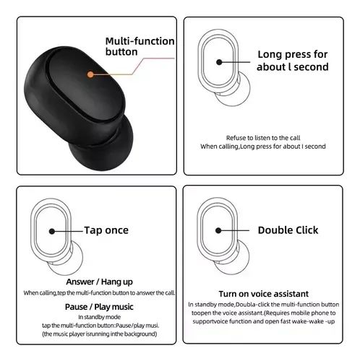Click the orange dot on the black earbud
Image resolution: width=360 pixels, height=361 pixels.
(90, 74)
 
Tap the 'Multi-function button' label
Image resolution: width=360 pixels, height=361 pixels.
(140, 46)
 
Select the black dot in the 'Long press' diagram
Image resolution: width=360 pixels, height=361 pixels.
(219, 62)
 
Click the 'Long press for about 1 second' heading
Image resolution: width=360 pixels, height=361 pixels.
(293, 61)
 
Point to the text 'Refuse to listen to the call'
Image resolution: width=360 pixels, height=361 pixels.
(263, 138)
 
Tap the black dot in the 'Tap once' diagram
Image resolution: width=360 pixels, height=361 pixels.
(52, 232)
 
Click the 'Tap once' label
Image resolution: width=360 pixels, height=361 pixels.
(106, 230)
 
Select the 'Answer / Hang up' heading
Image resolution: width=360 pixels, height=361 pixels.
(99, 282)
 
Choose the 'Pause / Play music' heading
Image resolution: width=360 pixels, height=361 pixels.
(99, 307)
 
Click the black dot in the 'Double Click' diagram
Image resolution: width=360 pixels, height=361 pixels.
(218, 230)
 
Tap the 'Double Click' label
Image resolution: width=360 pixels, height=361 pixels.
(288, 230)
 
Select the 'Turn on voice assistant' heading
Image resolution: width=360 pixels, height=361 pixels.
(264, 294)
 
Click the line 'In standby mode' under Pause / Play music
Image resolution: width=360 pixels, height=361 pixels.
(99, 317)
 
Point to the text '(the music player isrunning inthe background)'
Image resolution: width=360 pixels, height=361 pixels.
(99, 334)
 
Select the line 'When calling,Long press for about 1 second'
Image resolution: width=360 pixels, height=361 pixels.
(263, 147)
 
